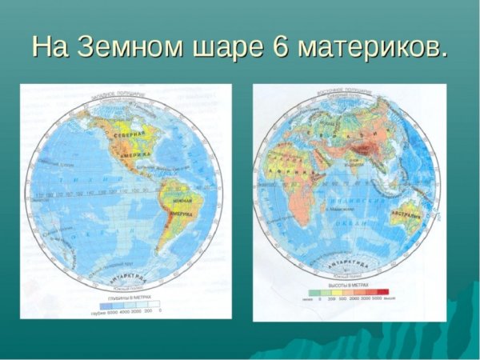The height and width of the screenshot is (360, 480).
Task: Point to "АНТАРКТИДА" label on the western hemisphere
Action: (127, 278)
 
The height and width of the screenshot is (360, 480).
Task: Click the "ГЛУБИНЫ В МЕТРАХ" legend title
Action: (126, 298)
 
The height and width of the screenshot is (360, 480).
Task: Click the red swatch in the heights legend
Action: (382, 292)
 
